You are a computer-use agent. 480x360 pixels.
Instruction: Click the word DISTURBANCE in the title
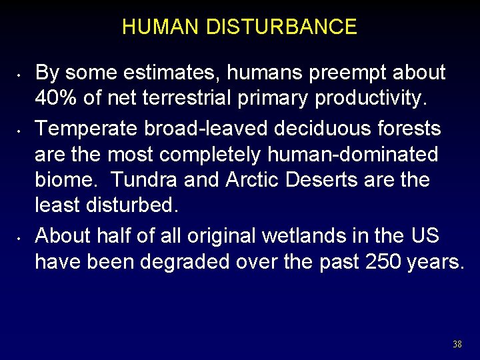282,27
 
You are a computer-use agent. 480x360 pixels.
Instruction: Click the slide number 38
457,344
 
